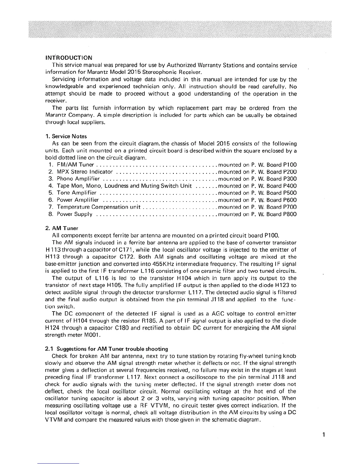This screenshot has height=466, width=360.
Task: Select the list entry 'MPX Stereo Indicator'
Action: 85,172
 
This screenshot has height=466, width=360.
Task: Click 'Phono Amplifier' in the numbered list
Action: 78,179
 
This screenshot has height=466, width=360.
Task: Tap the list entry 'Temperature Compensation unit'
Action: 99,207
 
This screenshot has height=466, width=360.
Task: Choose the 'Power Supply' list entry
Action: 75,214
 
